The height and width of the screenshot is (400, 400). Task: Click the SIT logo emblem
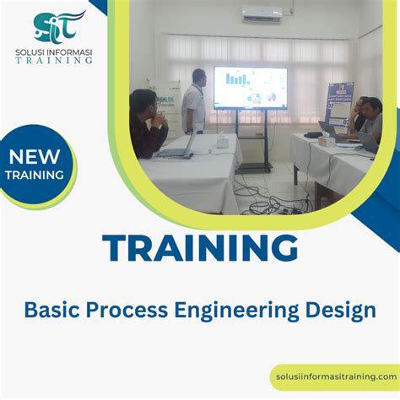(x=59, y=26)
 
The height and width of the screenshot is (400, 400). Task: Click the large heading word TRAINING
(x=200, y=248)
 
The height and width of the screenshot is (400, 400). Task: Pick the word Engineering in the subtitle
(x=230, y=311)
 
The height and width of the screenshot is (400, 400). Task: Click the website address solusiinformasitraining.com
(x=337, y=376)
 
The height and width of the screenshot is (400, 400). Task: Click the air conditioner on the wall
(x=262, y=14)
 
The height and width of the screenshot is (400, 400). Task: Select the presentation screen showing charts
(x=250, y=89)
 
